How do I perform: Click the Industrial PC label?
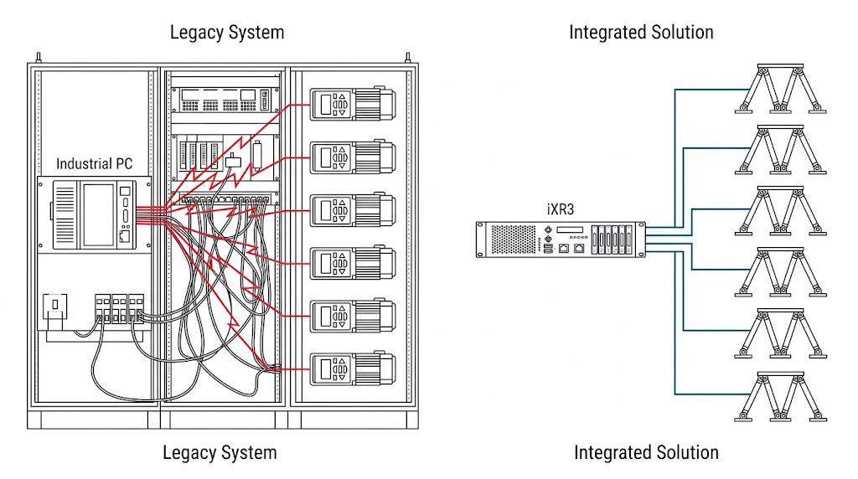[94, 163]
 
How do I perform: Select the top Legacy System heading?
[227, 33]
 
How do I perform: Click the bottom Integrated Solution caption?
[646, 452]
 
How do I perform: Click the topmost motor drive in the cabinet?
[352, 105]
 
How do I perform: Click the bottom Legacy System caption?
[220, 453]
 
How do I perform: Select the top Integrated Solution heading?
[641, 33]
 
